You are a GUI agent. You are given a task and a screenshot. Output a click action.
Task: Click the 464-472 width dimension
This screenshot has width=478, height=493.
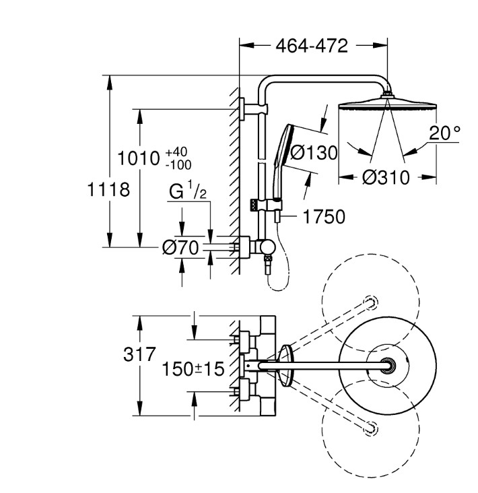(312, 46)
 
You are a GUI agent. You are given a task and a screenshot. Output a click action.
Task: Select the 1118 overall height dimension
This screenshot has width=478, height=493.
(108, 190)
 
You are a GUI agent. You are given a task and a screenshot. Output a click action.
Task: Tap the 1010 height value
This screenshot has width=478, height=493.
(139, 158)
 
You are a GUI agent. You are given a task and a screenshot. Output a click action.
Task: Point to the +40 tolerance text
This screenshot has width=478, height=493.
(176, 152)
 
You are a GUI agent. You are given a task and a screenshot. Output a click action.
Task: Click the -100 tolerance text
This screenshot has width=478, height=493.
(178, 165)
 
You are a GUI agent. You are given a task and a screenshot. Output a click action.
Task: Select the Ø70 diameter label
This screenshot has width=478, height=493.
(180, 247)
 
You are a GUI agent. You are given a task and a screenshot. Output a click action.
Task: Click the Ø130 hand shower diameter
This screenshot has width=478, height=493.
(314, 153)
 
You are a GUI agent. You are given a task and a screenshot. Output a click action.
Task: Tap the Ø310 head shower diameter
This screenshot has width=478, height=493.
(386, 177)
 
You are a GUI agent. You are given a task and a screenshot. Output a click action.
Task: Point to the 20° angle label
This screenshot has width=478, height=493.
(444, 133)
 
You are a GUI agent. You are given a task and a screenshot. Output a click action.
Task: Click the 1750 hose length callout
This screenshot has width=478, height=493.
(324, 217)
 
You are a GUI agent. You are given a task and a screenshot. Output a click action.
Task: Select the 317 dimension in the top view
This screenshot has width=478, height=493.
(139, 354)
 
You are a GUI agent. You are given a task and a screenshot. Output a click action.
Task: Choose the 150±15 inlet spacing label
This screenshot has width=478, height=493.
(193, 369)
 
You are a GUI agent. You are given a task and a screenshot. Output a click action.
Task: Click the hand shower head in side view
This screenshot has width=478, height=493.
(283, 145)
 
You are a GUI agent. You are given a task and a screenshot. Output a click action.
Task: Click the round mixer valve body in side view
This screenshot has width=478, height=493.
(267, 246)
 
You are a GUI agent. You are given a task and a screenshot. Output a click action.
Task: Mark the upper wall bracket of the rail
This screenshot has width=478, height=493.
(254, 109)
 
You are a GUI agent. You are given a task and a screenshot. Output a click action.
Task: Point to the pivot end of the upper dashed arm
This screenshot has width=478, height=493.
(371, 302)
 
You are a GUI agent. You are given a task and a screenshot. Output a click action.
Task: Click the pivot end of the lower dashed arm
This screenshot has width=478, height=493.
(371, 429)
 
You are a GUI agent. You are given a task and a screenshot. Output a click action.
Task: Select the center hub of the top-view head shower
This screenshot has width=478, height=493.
(388, 366)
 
